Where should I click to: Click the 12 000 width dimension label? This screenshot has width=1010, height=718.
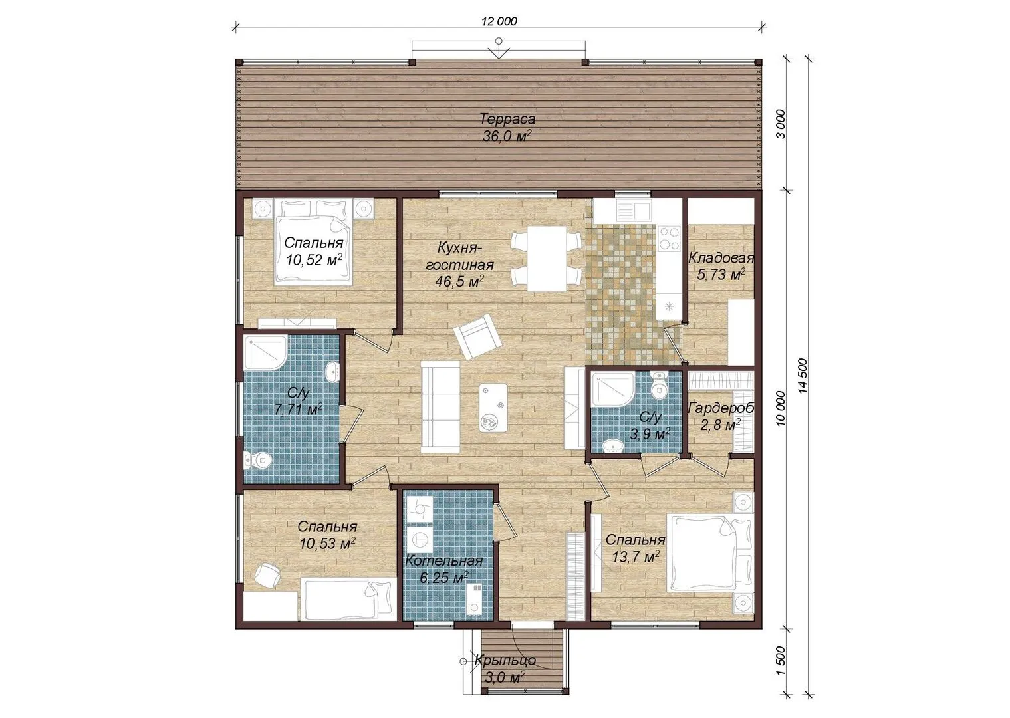[499, 21]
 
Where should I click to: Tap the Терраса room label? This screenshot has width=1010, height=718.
[507, 120]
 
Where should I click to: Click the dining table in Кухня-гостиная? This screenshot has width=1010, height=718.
[547, 258]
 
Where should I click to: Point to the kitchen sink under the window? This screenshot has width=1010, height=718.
[634, 210]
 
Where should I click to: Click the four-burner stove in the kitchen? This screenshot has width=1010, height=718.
[669, 238]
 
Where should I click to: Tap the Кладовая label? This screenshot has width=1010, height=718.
[721, 258]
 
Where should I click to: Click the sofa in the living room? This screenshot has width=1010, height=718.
[440, 407]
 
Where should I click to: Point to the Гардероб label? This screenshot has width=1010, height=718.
[721, 408]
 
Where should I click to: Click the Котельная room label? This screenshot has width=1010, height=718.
[444, 561]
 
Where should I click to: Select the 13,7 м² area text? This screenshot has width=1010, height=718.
[636, 557]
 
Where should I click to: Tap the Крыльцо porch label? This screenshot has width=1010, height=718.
[505, 661]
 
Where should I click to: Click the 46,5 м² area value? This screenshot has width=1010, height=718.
[460, 281]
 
